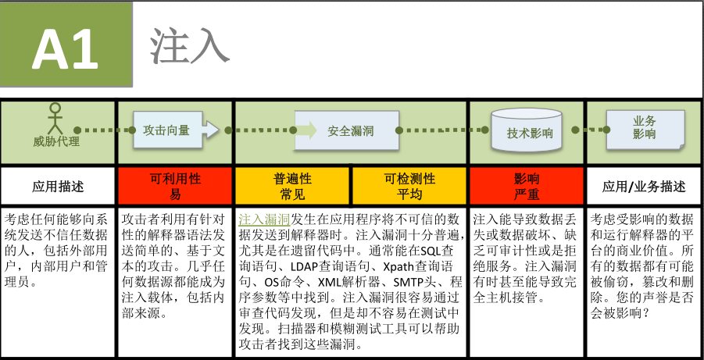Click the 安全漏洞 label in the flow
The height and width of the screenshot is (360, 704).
[x=351, y=132]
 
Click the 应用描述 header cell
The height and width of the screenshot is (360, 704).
[x=58, y=187]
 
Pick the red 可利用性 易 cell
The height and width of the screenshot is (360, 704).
[x=175, y=187]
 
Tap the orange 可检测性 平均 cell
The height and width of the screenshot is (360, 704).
[x=409, y=187]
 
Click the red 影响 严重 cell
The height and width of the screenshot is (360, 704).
[x=527, y=187]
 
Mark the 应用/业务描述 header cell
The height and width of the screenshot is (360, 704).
[x=644, y=187]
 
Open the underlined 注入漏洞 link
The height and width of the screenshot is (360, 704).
[x=264, y=219]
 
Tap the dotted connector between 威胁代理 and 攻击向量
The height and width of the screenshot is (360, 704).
[x=99, y=130]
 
